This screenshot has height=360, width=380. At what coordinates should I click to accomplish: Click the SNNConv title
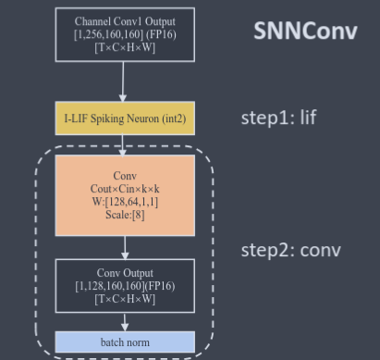click(x=305, y=31)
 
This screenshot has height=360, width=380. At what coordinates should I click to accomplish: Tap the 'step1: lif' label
click(x=278, y=118)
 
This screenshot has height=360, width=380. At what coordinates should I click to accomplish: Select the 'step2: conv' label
click(x=291, y=250)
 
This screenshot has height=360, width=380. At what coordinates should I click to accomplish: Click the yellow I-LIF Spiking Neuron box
click(x=125, y=118)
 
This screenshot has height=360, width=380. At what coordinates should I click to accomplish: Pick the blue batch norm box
click(x=125, y=342)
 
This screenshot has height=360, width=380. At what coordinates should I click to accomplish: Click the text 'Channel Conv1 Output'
click(x=125, y=21)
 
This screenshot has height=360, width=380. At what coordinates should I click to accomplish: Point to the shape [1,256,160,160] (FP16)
click(x=125, y=34)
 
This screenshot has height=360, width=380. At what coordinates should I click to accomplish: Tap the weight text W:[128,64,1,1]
click(x=125, y=202)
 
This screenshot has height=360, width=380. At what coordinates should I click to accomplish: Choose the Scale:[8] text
click(x=125, y=215)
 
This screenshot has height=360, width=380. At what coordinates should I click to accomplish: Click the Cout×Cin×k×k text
click(x=125, y=189)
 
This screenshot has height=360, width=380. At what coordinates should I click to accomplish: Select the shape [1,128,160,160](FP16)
click(x=125, y=286)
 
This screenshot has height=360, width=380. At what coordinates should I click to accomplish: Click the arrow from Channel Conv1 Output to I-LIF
click(x=123, y=81)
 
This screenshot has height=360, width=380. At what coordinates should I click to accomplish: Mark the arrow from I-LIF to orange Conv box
click(x=123, y=145)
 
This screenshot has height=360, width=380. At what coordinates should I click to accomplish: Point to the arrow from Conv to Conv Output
click(x=125, y=248)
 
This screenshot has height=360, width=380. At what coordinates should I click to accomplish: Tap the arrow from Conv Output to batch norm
click(x=125, y=323)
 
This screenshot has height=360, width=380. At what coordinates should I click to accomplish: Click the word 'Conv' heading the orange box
click(x=125, y=176)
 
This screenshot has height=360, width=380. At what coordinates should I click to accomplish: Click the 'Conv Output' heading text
click(x=125, y=273)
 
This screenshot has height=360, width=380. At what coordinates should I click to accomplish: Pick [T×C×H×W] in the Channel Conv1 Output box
click(x=125, y=47)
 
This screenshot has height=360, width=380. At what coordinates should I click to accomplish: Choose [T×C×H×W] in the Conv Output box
click(x=125, y=299)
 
